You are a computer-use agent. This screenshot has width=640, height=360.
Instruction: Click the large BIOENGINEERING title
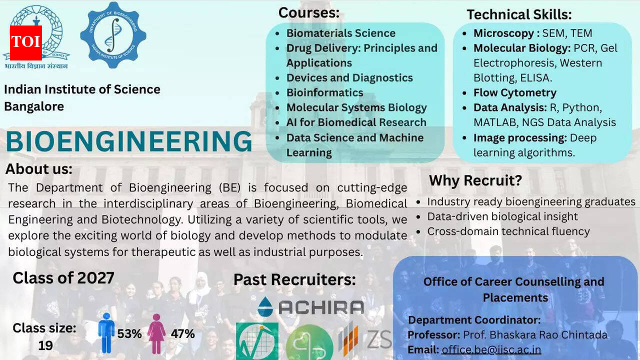coord(129,141)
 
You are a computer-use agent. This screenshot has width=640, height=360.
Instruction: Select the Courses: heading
coord(308,12)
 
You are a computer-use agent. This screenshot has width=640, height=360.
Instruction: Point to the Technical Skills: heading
coord(519,14)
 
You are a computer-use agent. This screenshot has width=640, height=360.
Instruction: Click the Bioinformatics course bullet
coord(324,92)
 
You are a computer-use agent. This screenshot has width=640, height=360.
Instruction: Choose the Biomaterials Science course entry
coord(340,33)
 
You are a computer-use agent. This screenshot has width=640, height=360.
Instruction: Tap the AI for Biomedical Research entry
coord(356,122)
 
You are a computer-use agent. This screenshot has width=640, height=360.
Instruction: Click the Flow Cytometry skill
coord(514,92)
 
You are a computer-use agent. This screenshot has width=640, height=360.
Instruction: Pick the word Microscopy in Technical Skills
coord(503,33)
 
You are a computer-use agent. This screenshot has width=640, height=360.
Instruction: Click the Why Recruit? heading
coord(475,180)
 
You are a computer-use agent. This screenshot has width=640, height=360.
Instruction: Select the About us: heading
coord(39,169)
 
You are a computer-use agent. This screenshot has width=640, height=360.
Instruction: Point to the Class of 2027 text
coord(63,277)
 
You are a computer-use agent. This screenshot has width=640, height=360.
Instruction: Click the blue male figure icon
coord(106,333)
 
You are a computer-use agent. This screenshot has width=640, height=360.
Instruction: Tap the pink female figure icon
coord(156,333)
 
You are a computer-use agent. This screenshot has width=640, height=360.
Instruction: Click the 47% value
coord(182,333)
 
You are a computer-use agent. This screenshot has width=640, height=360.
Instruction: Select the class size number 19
coord(45,345)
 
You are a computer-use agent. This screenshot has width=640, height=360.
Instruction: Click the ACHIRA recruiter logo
coord(310,306)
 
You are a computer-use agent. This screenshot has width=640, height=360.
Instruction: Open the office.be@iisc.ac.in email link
coord(491,349)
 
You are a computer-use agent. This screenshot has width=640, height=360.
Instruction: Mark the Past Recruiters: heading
coord(294,279)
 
